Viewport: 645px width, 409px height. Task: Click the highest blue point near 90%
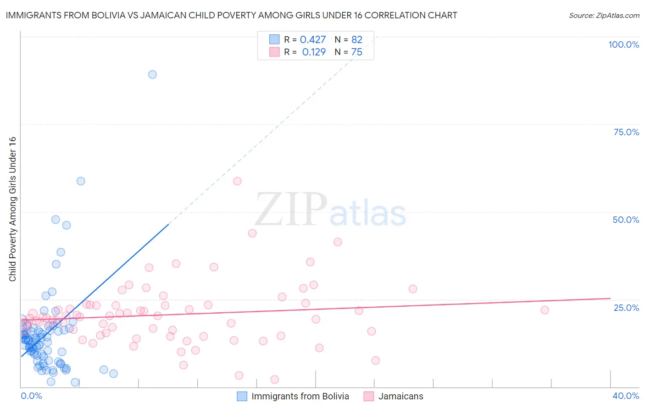click(x=152, y=74)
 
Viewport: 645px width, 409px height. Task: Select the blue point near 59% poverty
click(x=81, y=181)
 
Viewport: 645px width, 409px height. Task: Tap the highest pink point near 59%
click(x=237, y=181)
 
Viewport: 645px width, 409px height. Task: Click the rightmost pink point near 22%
click(x=545, y=310)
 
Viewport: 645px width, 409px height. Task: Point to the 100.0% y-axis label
click(x=623, y=44)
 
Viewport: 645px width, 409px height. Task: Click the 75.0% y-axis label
click(x=626, y=132)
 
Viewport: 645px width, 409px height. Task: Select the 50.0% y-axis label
click(x=626, y=220)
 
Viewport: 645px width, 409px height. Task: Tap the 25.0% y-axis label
click(x=626, y=308)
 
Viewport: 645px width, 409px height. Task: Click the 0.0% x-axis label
click(x=31, y=396)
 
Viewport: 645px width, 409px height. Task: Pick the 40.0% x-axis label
click(x=625, y=396)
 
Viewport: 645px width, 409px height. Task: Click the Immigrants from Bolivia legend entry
click(x=300, y=396)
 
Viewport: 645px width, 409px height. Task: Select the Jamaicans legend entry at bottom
click(x=400, y=396)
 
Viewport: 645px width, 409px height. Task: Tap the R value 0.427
click(x=313, y=40)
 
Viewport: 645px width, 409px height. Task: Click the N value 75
click(x=356, y=52)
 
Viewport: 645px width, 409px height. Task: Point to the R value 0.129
click(x=314, y=52)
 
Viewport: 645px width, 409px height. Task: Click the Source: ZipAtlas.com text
click(x=604, y=16)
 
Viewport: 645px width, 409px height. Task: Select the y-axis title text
click(x=12, y=209)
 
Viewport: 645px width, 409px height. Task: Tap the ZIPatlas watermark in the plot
click(x=330, y=210)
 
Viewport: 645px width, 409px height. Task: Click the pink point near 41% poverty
click(x=338, y=242)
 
